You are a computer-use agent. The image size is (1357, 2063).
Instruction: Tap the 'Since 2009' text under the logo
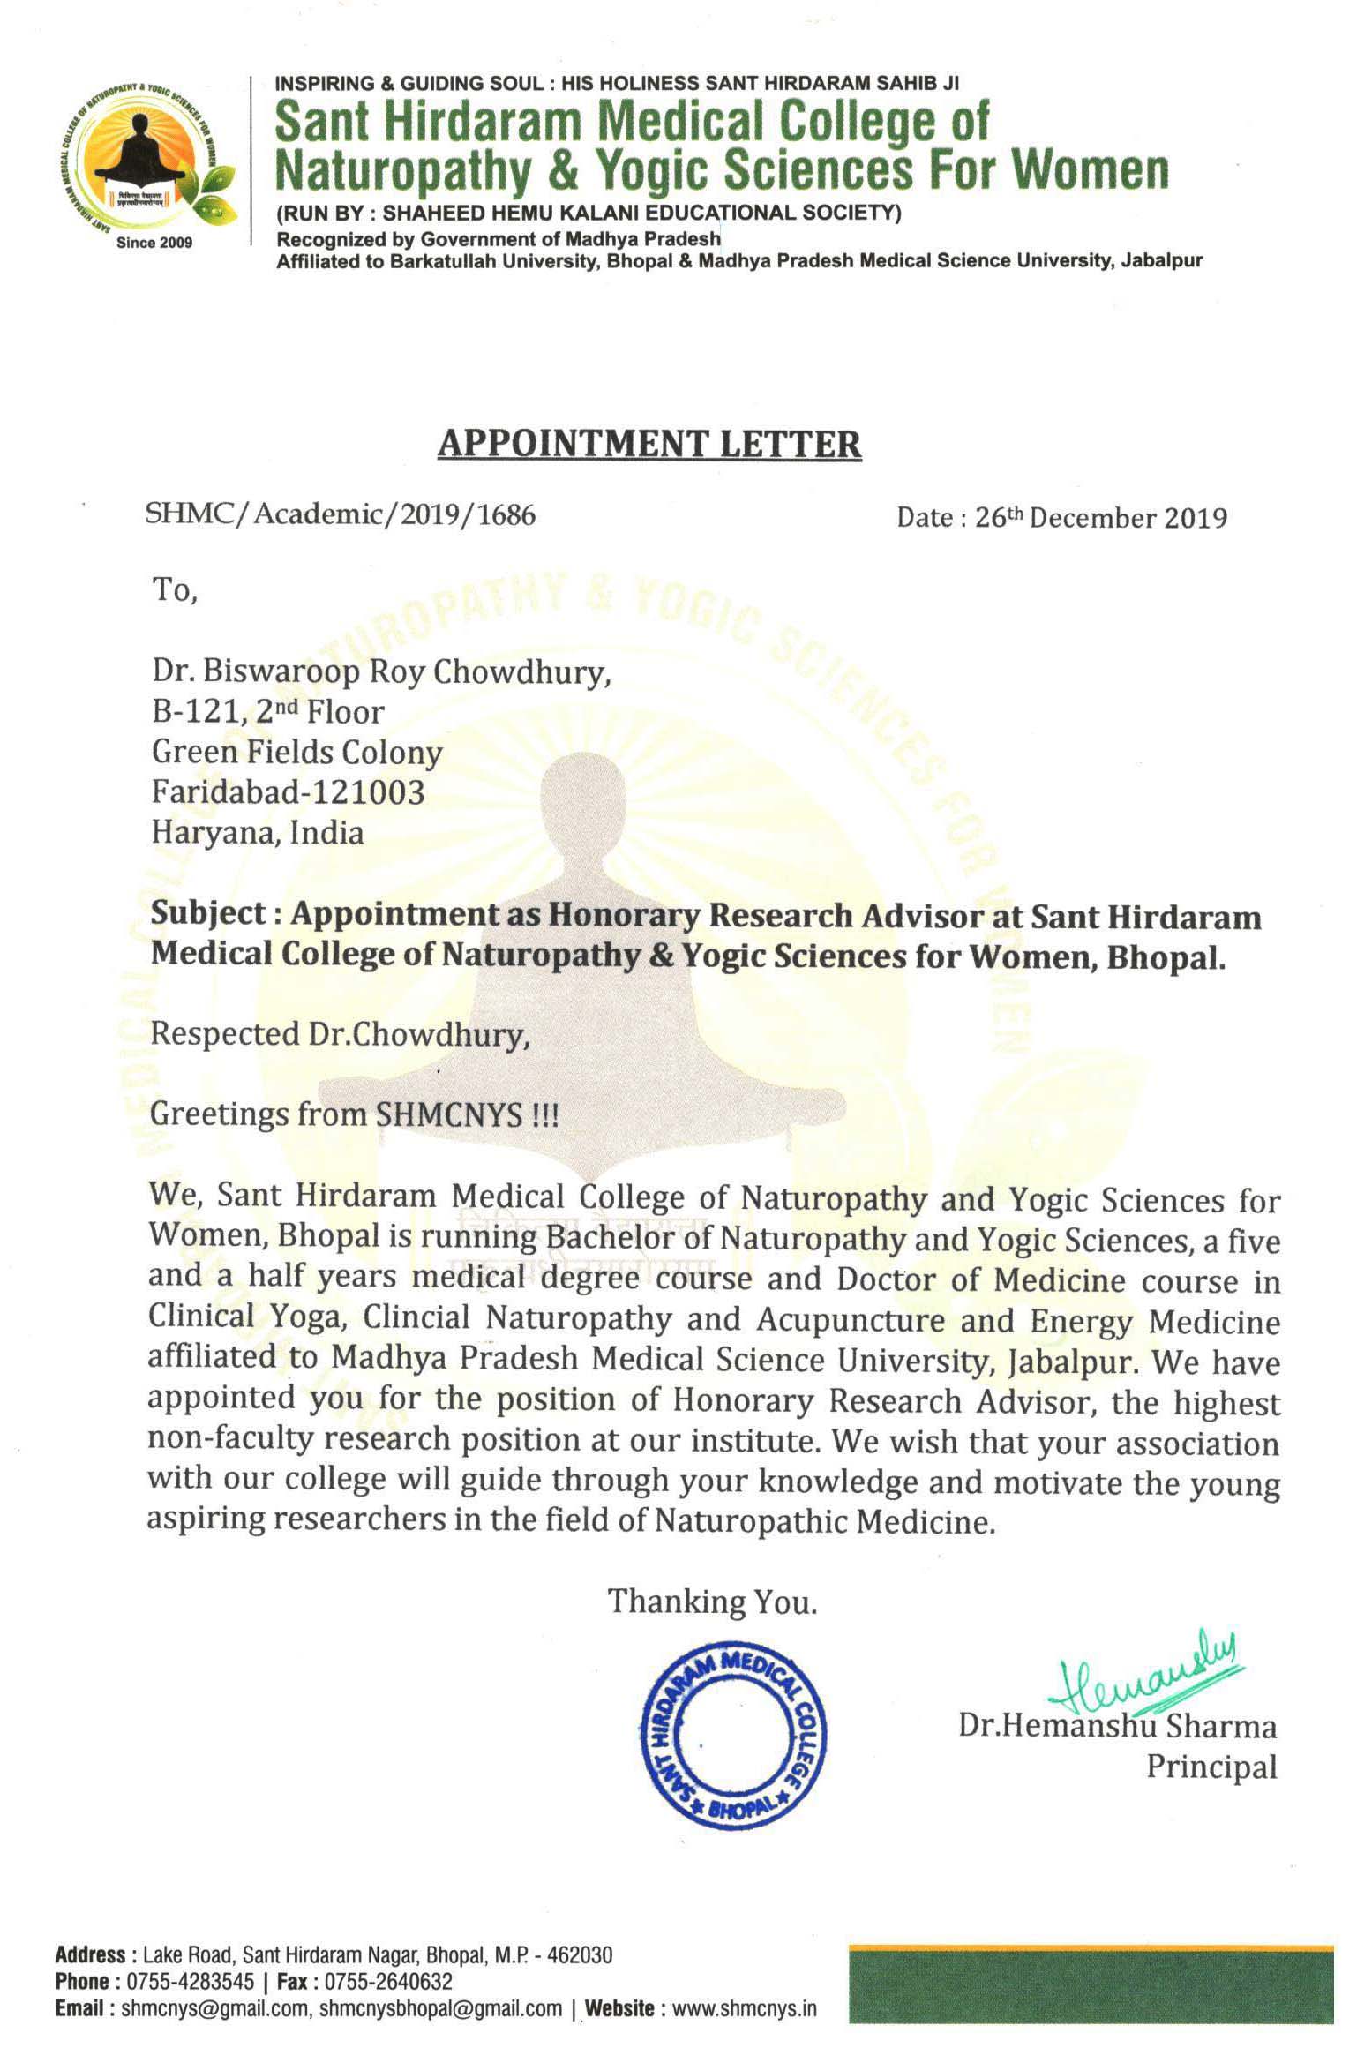(x=154, y=243)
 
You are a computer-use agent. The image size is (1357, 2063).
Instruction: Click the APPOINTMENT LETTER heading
(x=649, y=443)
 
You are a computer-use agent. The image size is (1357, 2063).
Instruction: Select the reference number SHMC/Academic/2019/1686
(x=341, y=514)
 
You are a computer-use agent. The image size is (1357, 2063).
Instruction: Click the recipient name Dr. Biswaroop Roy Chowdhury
(x=381, y=672)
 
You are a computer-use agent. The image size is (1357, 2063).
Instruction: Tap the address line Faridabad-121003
(x=289, y=791)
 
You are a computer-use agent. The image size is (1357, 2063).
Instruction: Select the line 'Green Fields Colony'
(x=297, y=752)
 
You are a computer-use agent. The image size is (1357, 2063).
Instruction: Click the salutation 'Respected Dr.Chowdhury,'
(x=340, y=1033)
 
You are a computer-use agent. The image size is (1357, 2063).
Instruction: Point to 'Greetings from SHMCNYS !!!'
(x=354, y=1114)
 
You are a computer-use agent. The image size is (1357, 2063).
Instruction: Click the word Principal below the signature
(x=1211, y=1767)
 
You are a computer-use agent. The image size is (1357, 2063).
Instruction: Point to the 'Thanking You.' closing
(x=712, y=1602)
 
